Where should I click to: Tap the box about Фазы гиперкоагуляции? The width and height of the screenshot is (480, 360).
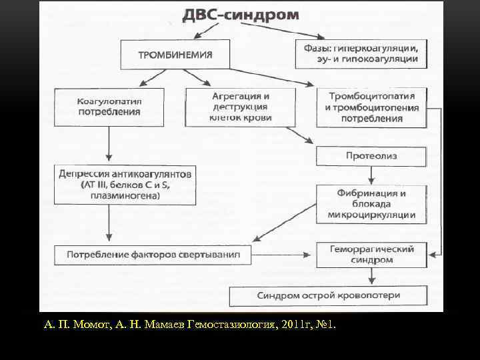[359, 53]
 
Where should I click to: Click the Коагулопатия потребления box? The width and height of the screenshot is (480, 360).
[110, 106]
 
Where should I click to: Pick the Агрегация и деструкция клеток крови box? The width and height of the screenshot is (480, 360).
[241, 106]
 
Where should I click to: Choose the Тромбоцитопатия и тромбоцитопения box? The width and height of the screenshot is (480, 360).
[372, 107]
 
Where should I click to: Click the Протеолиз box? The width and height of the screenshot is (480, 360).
[371, 156]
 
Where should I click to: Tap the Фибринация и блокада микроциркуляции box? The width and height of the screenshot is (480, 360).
[371, 203]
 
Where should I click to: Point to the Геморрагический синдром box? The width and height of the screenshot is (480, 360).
[371, 253]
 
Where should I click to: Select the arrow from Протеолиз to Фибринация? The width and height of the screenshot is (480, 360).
[371, 175]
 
